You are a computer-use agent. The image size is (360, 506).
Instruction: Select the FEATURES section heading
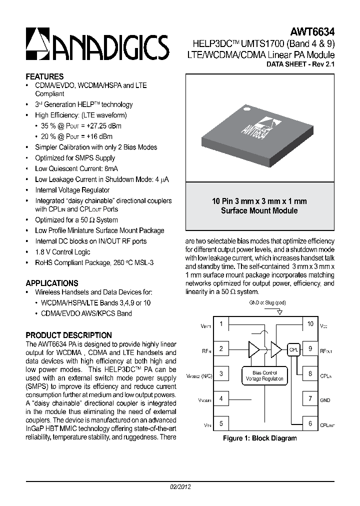pos(44,76)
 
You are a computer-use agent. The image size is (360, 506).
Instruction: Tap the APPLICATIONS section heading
pos(52,283)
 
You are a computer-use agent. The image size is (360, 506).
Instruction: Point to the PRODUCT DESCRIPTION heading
pos(68,335)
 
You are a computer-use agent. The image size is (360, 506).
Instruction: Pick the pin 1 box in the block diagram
pos(221,324)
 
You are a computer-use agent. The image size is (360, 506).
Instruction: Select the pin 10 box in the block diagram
pos(310,324)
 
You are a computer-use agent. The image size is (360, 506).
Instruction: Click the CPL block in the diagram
pos(293,350)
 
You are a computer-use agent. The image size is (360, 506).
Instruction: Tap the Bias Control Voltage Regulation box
pos(264,375)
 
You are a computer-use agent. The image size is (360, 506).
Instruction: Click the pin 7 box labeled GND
pos(310,399)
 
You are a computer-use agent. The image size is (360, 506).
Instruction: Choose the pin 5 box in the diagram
pos(221,424)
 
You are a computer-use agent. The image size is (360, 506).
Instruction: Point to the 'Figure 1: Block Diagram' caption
pos(260,438)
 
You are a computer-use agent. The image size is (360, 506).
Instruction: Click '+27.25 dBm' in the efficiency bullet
pos(103,126)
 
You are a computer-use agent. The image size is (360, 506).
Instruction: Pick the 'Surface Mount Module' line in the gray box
pos(259,210)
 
